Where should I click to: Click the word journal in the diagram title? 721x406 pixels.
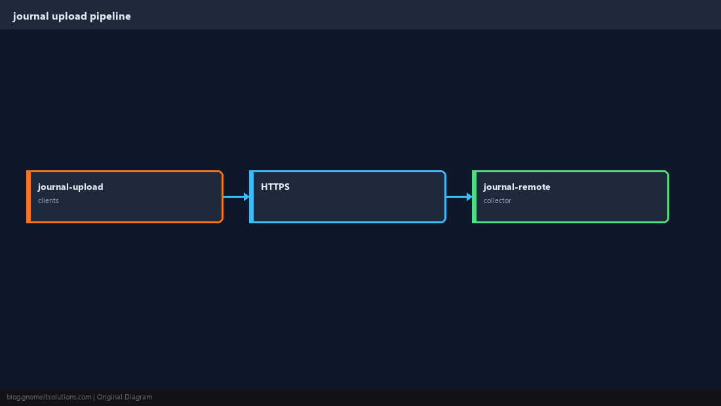pos(31,16)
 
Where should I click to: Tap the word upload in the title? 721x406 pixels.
pos(69,16)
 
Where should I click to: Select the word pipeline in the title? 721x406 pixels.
pos(110,16)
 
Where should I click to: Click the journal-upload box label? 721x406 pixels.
pos(70,187)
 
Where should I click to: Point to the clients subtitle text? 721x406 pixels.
pos(49,200)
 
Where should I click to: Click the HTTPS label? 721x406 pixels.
pos(275,187)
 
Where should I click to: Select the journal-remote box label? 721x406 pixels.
pos(517,187)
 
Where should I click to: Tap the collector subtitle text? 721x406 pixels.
pos(497,200)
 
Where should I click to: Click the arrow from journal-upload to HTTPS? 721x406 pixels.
pos(237,196)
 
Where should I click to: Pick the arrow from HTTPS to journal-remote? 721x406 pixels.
pos(459,196)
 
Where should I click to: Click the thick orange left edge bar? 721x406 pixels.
pos(28,196)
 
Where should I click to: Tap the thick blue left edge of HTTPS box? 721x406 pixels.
pos(251,196)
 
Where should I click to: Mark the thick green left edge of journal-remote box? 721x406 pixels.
pos(474,196)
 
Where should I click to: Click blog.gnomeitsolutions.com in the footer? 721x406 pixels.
pos(49,397)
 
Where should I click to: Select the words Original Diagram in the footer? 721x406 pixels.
pos(125,397)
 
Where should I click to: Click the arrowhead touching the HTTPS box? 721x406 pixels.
pos(247,196)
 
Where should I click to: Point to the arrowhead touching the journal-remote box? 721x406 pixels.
pos(469,196)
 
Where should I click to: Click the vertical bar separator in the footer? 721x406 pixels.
pos(94,397)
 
